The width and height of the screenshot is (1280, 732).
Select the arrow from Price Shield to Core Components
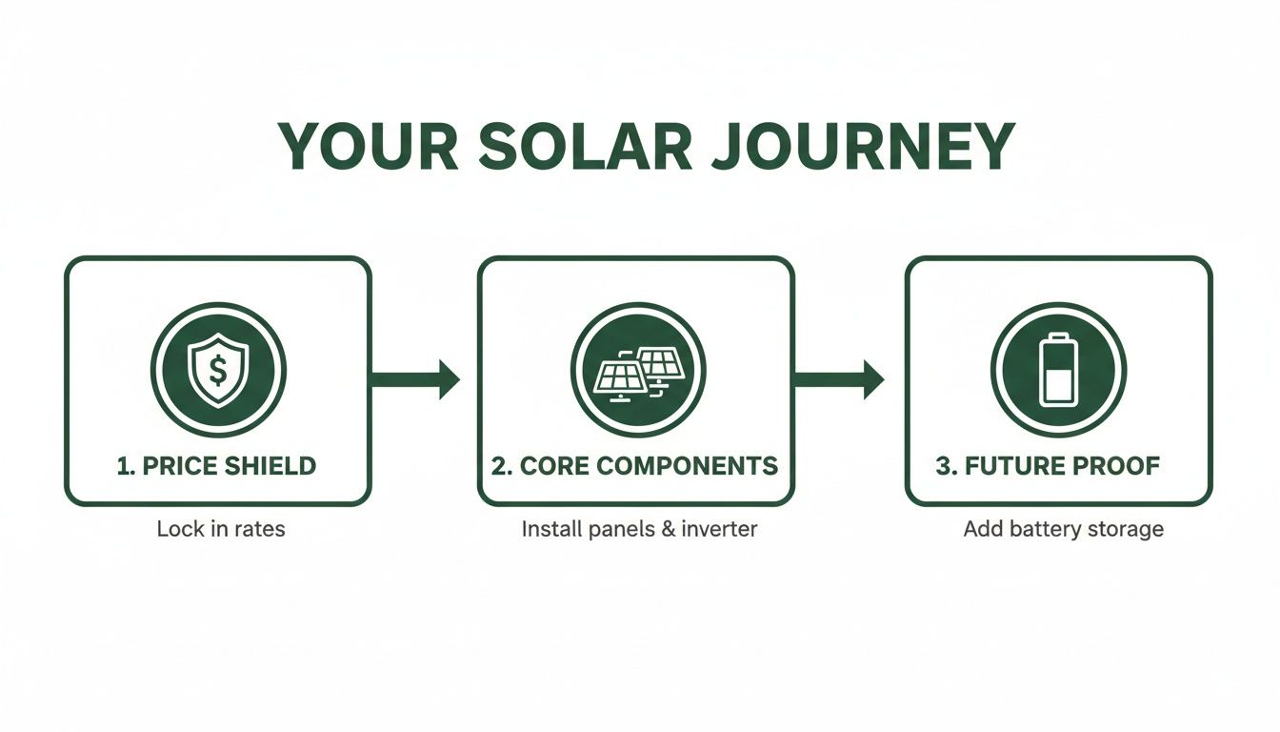415,379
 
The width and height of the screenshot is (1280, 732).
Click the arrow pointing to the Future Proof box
838,379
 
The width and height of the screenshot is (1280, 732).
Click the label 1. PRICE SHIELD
216,466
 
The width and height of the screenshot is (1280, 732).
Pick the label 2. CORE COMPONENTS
635,466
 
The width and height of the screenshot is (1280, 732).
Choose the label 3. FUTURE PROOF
1048,466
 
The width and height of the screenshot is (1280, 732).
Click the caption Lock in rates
221,529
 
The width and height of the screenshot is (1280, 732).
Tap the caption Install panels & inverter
639,529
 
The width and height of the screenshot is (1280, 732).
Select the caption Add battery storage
1063,529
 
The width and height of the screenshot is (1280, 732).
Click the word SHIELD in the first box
270,466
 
